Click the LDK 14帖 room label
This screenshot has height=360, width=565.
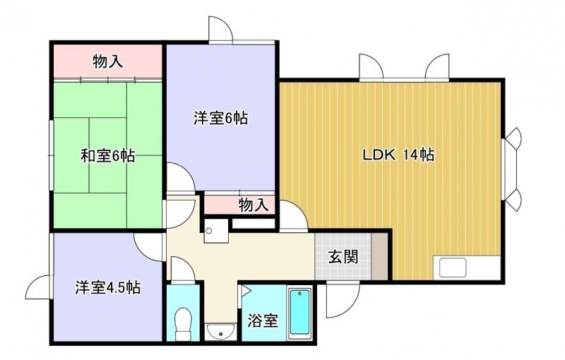click(x=398, y=155)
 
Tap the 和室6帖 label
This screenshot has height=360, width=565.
click(x=107, y=156)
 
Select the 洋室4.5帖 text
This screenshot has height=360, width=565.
click(x=108, y=287)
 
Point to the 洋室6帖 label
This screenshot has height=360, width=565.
click(x=220, y=118)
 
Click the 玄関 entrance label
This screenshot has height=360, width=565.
click(x=343, y=257)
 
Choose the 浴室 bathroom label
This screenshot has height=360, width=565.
click(x=263, y=320)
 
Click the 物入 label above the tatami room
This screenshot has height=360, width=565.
click(x=108, y=61)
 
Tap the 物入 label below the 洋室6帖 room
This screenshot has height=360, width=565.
click(x=254, y=205)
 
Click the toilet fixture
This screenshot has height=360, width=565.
click(x=183, y=323)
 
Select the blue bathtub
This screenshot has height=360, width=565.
click(x=300, y=312)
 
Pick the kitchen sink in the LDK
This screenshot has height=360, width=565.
click(x=453, y=268)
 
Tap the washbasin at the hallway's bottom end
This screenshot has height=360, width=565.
click(x=220, y=331)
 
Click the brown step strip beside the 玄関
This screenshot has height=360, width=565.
click(x=379, y=256)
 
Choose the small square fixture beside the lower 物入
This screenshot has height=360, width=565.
click(x=216, y=231)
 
